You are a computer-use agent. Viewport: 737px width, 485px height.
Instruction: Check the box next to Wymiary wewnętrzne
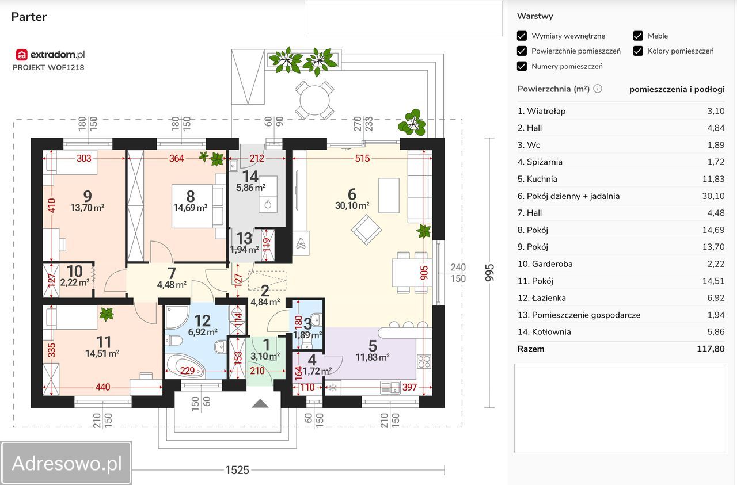522,36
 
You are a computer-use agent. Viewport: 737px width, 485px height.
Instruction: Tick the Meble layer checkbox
638,36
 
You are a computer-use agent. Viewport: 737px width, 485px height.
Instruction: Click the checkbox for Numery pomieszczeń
522,66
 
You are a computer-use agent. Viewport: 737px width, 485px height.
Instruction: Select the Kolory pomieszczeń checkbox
638,51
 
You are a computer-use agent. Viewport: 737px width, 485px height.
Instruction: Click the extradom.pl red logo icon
22,55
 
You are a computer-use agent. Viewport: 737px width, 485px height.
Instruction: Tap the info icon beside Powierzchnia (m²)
598,89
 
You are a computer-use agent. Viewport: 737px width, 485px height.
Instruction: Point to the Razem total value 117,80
711,349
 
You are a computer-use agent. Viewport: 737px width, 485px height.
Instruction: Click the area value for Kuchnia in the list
713,179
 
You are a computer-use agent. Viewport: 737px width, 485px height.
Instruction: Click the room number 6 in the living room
352,194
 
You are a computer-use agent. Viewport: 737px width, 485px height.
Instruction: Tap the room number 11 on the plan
103,342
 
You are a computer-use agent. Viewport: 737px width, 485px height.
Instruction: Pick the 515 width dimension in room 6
362,158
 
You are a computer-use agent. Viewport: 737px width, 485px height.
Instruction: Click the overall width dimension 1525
237,470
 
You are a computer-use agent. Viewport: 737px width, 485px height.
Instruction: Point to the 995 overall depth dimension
489,273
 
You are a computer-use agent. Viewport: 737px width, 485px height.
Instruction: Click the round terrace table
314,100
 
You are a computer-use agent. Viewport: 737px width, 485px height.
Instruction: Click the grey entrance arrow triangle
260,403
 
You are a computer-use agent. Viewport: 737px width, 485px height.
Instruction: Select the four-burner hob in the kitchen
424,362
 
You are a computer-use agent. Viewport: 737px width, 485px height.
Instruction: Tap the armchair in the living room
366,230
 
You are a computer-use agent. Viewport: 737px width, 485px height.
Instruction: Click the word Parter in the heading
29,17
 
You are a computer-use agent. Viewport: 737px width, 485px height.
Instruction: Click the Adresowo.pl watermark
66,463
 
